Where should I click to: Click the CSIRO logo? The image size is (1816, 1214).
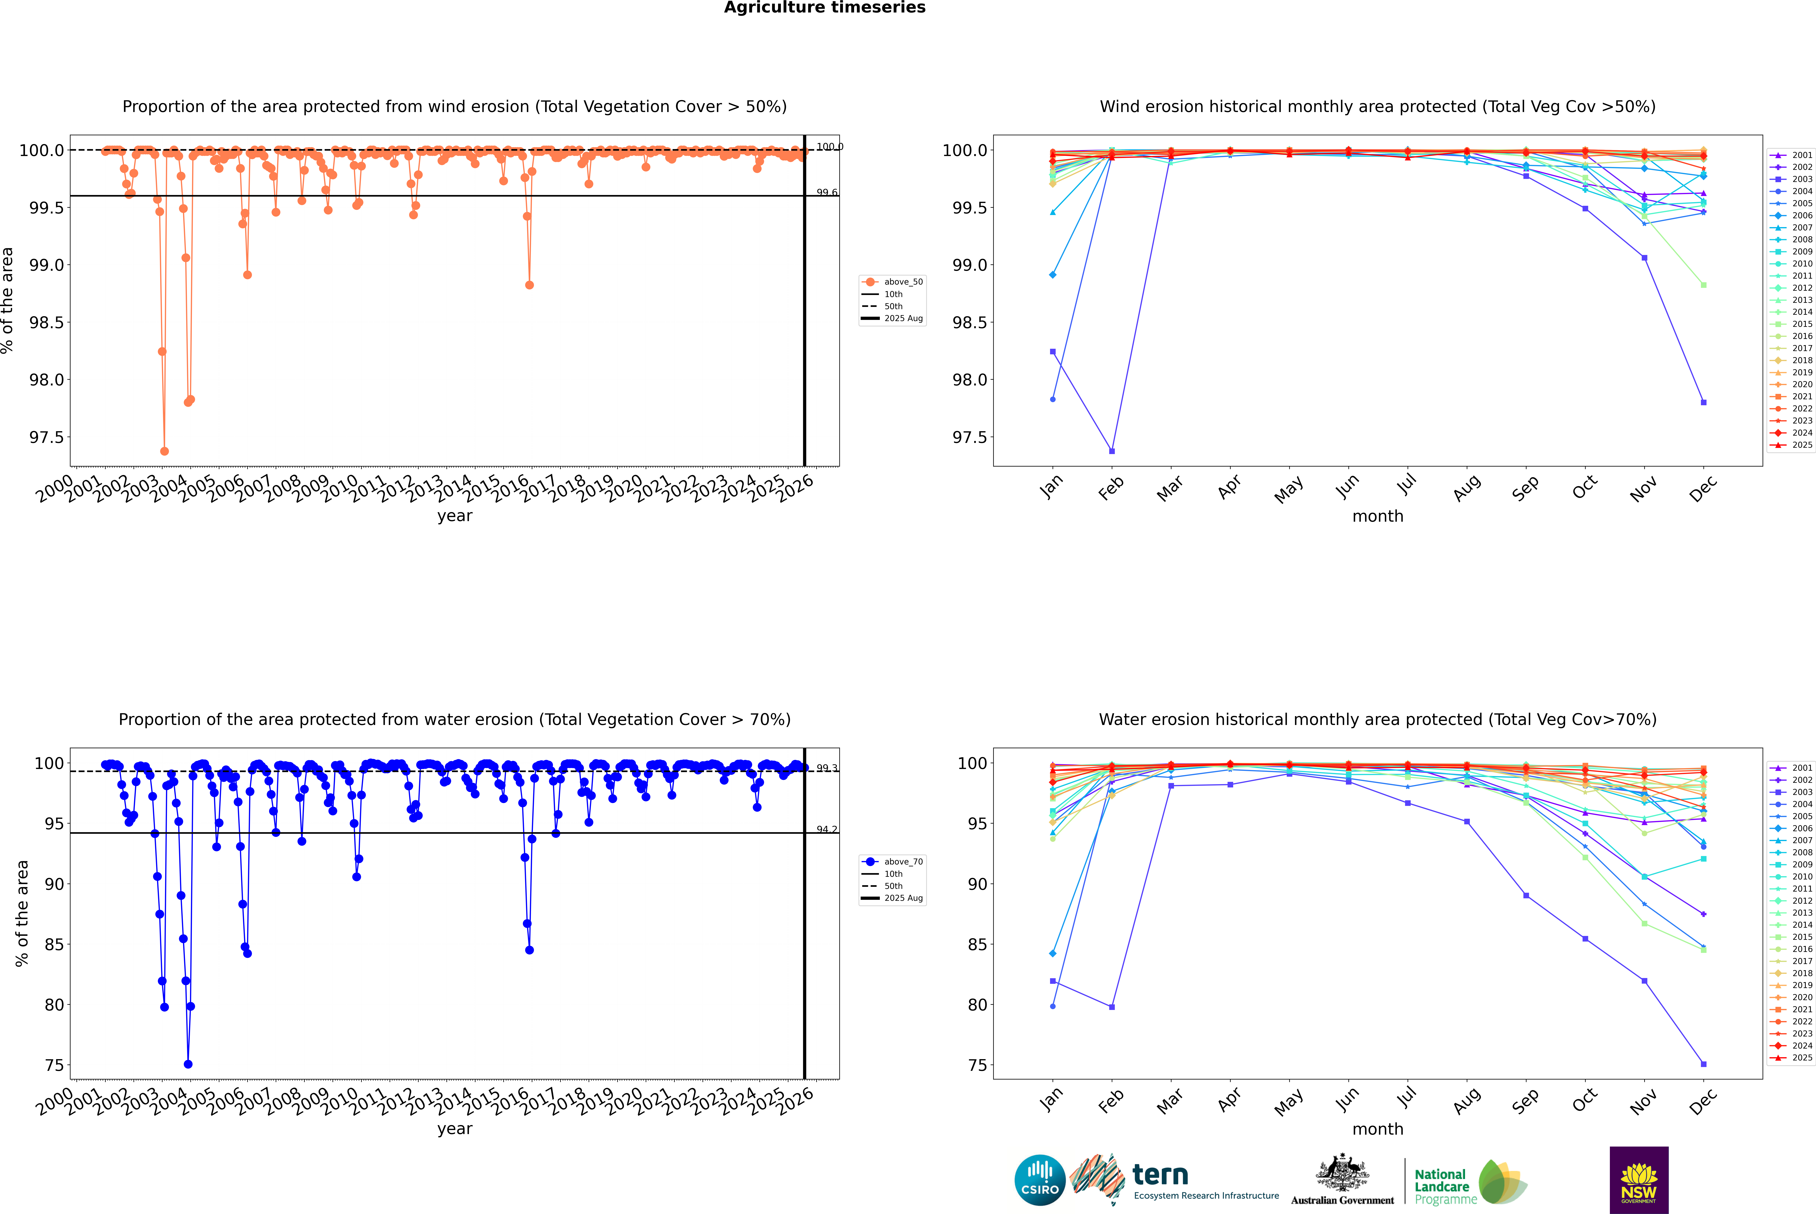[1040, 1180]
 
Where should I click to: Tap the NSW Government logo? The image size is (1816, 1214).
[1639, 1180]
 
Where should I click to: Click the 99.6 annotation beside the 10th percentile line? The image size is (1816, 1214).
[827, 193]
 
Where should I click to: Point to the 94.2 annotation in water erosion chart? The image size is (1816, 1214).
[827, 830]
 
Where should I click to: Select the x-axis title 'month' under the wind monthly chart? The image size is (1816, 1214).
[1377, 516]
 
